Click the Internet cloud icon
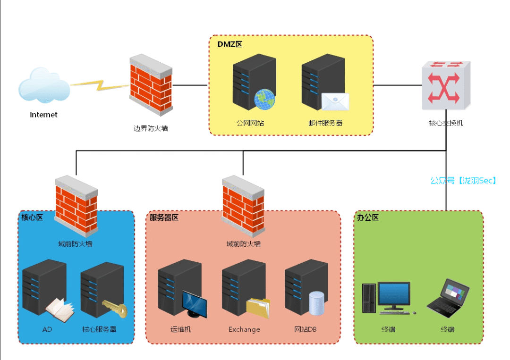pyautogui.click(x=44, y=85)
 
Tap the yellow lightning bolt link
pyautogui.click(x=100, y=85)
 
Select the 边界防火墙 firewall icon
pyautogui.click(x=151, y=85)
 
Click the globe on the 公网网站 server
pyautogui.click(x=264, y=100)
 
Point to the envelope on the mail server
pyautogui.click(x=335, y=101)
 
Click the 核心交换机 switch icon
pyautogui.click(x=446, y=85)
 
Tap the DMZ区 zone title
pyautogui.click(x=230, y=44)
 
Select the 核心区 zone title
pyautogui.click(x=32, y=218)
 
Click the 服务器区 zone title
pyautogui.click(x=164, y=218)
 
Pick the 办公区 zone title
pyautogui.click(x=368, y=218)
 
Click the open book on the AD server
pyautogui.click(x=60, y=310)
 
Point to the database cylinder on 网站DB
pyautogui.click(x=316, y=303)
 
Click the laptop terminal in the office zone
pyautogui.click(x=448, y=298)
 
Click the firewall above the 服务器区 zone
pyautogui.click(x=243, y=206)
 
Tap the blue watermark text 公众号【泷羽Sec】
pyautogui.click(x=463, y=181)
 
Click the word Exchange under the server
pyautogui.click(x=244, y=329)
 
